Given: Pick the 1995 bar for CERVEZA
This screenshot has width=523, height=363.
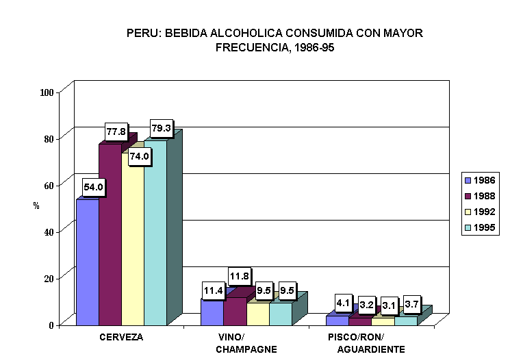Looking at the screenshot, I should click(x=155, y=233).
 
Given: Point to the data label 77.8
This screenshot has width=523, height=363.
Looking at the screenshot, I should click(x=116, y=132).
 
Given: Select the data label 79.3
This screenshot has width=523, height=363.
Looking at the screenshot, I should click(x=161, y=129).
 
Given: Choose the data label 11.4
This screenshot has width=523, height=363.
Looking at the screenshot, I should click(x=213, y=290).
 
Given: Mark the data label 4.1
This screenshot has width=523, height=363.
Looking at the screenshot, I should click(x=343, y=301).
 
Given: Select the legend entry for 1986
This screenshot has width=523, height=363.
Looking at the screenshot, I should click(x=480, y=180).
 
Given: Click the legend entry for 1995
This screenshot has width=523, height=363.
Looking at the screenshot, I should click(x=480, y=228).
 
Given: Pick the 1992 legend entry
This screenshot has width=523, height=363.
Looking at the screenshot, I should click(x=480, y=212).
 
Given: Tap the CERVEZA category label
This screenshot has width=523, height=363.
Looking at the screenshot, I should click(x=121, y=337).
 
